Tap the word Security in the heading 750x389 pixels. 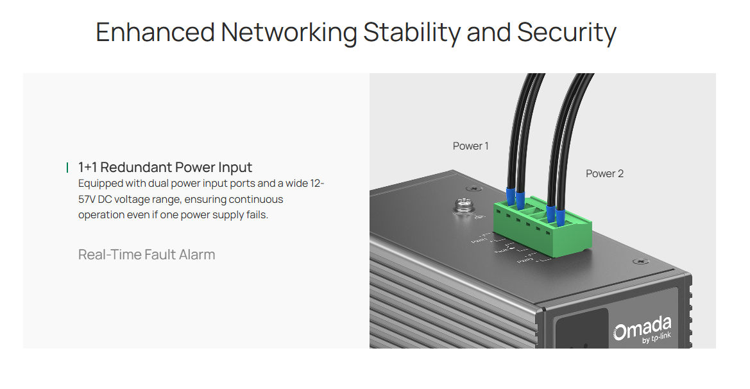pos(567,32)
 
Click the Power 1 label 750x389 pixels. pos(470,146)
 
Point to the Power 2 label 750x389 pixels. pos(604,173)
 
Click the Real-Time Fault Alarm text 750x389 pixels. pos(146,255)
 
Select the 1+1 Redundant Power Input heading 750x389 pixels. pos(165,168)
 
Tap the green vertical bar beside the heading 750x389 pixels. pos(67,168)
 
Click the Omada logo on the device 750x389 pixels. pos(642,329)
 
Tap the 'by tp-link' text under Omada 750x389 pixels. pos(656,340)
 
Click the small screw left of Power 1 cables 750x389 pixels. pos(472,189)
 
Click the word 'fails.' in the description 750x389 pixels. pos(255,215)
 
